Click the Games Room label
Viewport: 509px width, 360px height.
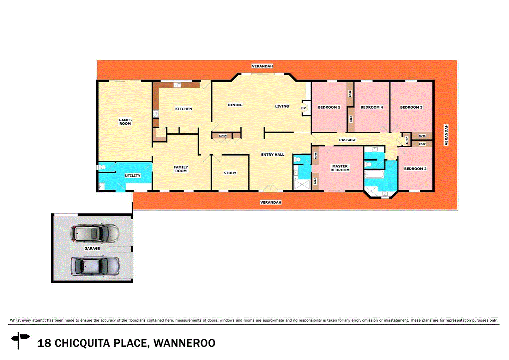125,122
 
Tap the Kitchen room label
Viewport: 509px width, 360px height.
184,109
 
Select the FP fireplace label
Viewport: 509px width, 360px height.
303,108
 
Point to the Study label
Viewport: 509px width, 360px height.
230,173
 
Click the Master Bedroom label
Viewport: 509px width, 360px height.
340,168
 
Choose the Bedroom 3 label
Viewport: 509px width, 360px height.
411,107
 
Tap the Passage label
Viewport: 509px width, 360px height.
347,140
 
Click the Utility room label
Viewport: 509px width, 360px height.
133,176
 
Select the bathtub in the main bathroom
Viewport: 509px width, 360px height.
374,174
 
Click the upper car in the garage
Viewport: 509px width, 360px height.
95,233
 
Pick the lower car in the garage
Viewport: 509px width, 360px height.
95,266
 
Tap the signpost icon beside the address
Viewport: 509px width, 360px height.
20,340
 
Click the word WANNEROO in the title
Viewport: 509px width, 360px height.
184,343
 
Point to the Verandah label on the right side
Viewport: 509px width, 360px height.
446,135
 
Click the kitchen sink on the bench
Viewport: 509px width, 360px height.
177,85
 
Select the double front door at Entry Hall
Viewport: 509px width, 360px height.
270,189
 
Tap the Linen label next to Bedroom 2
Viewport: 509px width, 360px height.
407,140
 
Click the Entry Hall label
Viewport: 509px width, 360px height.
272,155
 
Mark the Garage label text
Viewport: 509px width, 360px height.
92,248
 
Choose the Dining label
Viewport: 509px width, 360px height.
235,105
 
